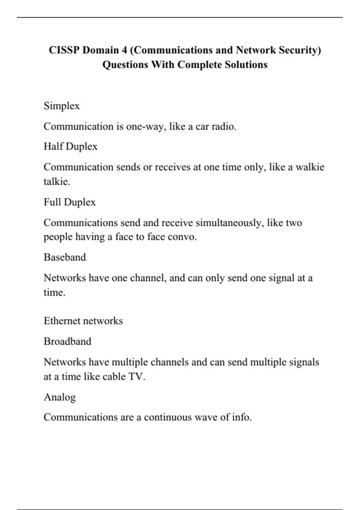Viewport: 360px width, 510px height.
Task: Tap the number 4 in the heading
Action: point(124,50)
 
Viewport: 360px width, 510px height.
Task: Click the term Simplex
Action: point(61,106)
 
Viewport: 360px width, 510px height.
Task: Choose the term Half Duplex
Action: point(70,146)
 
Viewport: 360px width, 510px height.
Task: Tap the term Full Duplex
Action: point(70,202)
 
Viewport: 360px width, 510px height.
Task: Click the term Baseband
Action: point(65,257)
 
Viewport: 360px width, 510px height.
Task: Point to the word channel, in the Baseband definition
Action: point(148,278)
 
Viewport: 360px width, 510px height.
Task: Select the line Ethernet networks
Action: point(83,321)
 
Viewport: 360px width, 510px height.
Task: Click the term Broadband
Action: point(67,341)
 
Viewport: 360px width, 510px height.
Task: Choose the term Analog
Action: point(60,397)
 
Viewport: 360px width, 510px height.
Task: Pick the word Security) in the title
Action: point(300,50)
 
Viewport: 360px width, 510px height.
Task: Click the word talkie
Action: point(57,181)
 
